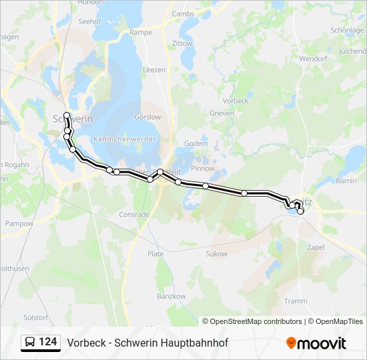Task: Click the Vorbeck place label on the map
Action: (235, 101)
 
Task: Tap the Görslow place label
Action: (147, 117)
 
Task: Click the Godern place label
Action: (196, 143)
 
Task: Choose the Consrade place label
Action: (133, 215)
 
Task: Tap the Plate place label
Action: (155, 254)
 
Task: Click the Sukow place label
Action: (216, 254)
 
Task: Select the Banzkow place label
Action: (171, 295)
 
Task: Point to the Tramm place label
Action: (296, 301)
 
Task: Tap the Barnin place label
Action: (346, 181)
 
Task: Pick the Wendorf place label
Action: (312, 59)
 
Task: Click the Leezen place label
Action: (153, 69)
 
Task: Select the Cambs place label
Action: (182, 13)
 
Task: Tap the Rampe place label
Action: (141, 32)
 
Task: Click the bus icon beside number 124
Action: (30, 343)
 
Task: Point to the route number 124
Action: (47, 343)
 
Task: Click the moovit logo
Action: (316, 343)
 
